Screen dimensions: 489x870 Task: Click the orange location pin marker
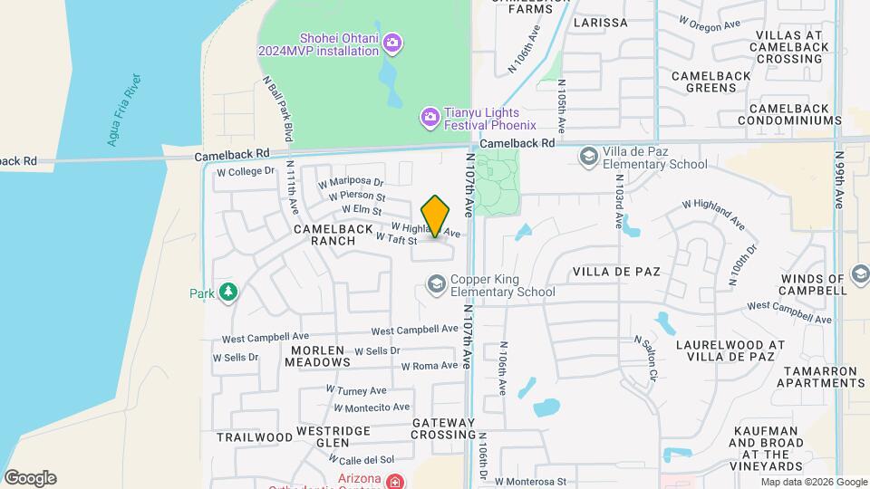(x=436, y=216)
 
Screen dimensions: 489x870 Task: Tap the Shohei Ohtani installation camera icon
(x=392, y=43)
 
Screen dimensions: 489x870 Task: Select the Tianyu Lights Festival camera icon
(x=430, y=116)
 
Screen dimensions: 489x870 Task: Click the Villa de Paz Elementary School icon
(x=589, y=158)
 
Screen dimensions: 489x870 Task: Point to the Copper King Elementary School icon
(x=436, y=286)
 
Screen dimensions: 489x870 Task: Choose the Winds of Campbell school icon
(x=860, y=278)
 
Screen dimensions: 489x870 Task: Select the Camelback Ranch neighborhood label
(x=333, y=235)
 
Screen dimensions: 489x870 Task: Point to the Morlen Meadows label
(x=317, y=356)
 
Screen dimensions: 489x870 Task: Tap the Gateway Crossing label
(x=443, y=429)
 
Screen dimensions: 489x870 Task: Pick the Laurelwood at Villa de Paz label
(x=730, y=351)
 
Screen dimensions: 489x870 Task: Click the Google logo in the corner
(x=30, y=478)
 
